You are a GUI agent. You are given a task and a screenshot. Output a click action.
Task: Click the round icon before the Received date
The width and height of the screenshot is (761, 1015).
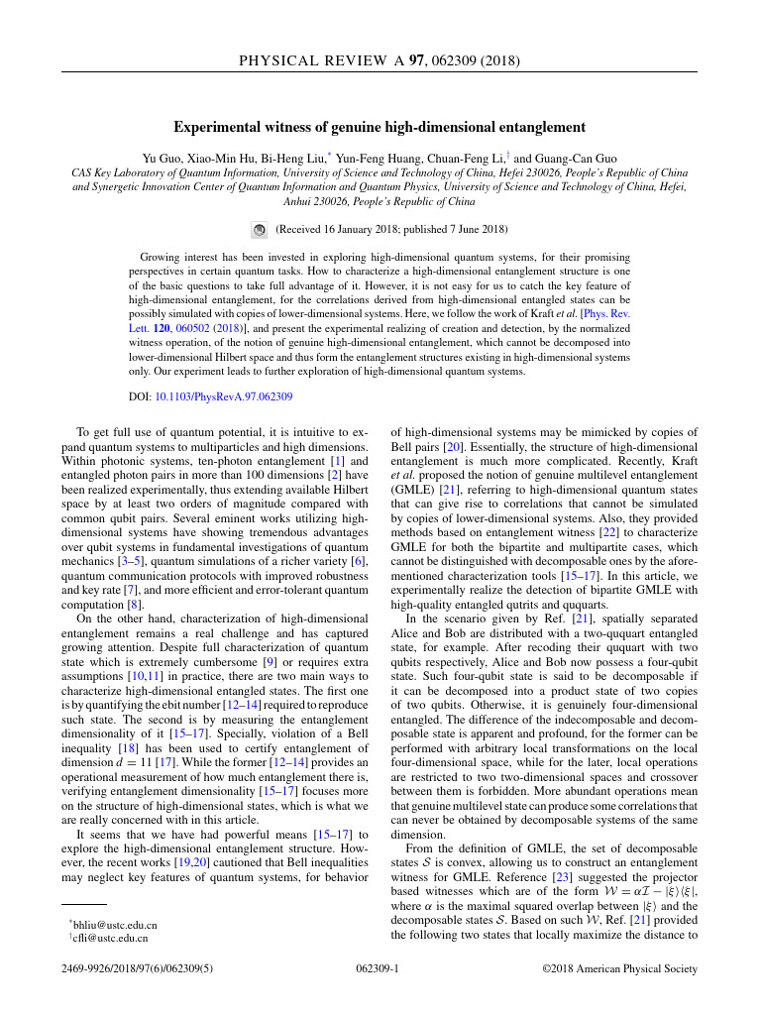[x=258, y=229]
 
